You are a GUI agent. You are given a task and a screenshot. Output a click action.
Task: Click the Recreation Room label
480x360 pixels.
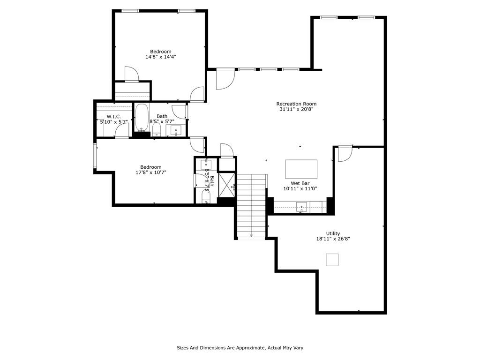[296, 104]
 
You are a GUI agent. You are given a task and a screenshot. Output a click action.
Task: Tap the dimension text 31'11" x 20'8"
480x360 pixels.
[296, 109]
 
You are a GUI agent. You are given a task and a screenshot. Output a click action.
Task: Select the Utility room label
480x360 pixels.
[333, 233]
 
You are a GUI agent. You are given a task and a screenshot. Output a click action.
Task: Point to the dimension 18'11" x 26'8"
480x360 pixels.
[333, 239]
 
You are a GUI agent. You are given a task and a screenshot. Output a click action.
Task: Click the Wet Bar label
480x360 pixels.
[300, 183]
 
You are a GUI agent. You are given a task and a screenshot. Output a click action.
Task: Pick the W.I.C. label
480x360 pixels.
[114, 117]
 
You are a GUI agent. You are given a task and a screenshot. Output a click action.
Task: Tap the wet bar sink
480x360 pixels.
[302, 207]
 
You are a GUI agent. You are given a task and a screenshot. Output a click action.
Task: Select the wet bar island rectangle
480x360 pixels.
[301, 169]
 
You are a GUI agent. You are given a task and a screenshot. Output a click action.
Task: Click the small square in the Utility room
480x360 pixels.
[332, 260]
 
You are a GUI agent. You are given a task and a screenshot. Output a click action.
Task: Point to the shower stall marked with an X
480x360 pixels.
[227, 185]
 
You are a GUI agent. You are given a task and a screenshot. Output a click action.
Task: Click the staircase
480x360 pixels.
[251, 206]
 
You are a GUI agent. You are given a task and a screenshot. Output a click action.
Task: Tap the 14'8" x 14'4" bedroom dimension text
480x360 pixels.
[161, 57]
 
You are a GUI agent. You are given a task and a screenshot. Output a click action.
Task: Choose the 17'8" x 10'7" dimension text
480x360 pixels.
[151, 172]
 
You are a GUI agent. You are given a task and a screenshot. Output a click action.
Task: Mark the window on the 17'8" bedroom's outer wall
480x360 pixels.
[95, 156]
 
